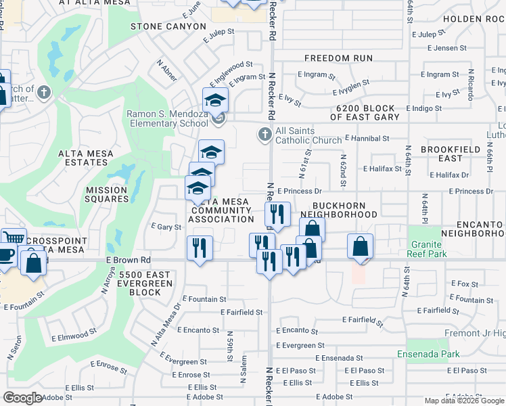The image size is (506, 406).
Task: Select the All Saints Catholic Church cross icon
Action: click(x=264, y=133)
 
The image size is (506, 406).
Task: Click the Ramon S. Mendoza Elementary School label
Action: click(x=168, y=118)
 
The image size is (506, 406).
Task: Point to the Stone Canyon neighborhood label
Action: click(x=168, y=26)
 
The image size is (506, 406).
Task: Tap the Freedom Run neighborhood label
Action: click(x=338, y=58)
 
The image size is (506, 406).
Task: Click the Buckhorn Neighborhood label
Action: click(x=344, y=210)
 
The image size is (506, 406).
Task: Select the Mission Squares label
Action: click(x=107, y=194)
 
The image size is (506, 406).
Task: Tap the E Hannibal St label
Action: click(x=367, y=138)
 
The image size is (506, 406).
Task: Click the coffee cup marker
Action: click(x=5, y=256)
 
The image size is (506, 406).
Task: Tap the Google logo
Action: click(x=22, y=398)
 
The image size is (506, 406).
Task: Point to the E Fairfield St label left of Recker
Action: click(x=241, y=312)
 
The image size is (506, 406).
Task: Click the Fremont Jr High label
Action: click(x=474, y=334)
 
